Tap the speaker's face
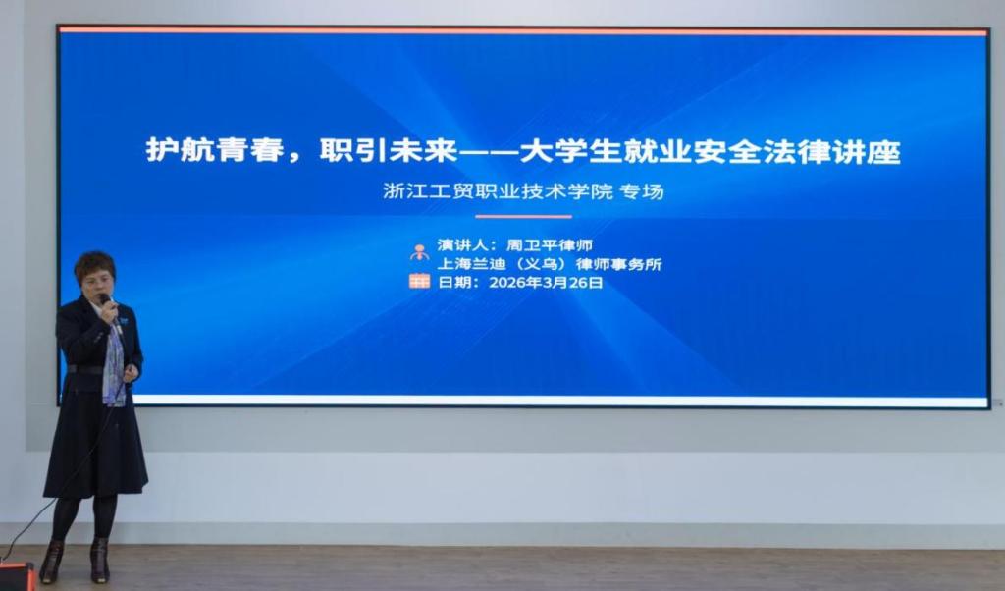(97, 287)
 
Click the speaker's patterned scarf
(114, 364)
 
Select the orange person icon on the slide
(420, 252)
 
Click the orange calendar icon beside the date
(420, 281)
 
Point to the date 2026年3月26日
(546, 283)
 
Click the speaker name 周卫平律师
(550, 244)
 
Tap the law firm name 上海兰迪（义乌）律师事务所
(550, 264)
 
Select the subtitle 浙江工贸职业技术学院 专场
(523, 191)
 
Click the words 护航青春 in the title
(215, 150)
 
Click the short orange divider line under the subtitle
(523, 217)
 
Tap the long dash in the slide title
(490, 152)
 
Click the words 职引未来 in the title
(389, 150)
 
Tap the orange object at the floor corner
(17, 575)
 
